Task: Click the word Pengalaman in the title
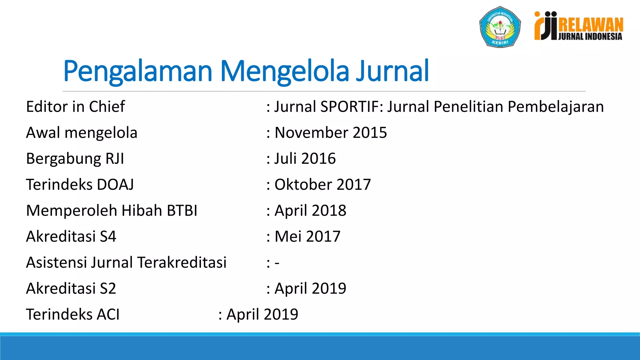[x=138, y=72]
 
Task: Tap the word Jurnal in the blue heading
[x=392, y=71]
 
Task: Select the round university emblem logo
[x=500, y=27]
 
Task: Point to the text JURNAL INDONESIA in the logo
[x=590, y=37]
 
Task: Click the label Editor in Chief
[x=75, y=107]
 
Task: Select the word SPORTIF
[x=350, y=107]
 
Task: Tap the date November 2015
[x=331, y=132]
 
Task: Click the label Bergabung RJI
[x=75, y=158]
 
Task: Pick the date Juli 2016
[x=305, y=158]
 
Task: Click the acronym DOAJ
[x=115, y=184]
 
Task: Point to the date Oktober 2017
[x=322, y=184]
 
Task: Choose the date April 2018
[x=310, y=210]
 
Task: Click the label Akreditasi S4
[x=71, y=236]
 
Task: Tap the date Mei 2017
[x=307, y=236]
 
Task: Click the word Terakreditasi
[x=182, y=262]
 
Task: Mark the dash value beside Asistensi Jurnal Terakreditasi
[x=277, y=263]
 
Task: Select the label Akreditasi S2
[x=71, y=288]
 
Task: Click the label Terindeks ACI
[x=73, y=314]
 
